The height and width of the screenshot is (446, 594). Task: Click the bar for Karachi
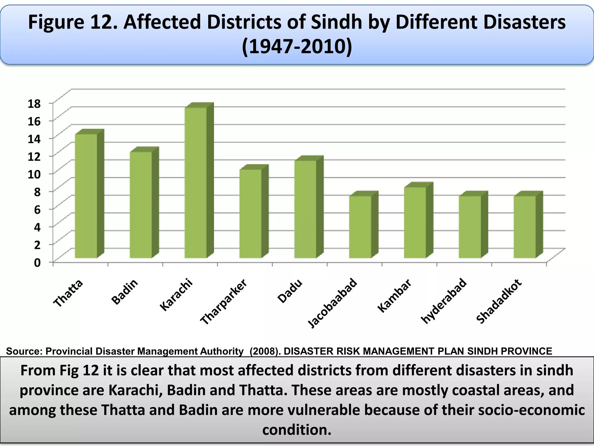196,183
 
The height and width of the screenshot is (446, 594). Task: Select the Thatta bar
86,196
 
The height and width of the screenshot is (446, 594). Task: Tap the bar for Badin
141,205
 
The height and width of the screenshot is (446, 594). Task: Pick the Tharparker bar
251,214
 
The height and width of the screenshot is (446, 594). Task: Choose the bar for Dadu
305,209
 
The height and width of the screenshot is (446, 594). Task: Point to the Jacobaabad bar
360,227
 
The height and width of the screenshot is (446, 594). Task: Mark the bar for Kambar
415,222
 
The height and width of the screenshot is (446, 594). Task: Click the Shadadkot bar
525,227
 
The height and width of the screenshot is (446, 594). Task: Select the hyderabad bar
470,227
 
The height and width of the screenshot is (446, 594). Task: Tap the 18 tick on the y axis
34,103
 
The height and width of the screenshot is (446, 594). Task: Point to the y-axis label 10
34,174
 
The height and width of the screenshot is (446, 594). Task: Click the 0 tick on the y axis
37,262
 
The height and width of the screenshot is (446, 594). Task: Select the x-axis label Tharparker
224,302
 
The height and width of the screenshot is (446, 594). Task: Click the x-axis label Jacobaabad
332,303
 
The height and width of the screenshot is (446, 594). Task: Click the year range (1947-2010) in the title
297,47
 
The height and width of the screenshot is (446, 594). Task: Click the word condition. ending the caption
297,429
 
